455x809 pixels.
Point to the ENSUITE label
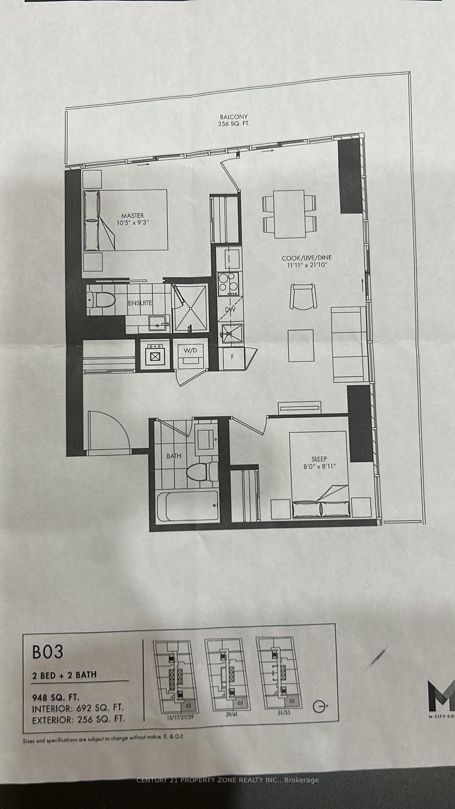coord(140,303)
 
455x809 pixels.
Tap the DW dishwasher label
coord(231,310)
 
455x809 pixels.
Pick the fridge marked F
coord(233,357)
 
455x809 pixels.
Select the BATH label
coord(174,456)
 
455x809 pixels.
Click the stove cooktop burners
coord(227,283)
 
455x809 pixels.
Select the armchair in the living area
coord(303,296)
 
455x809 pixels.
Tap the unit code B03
coord(48,651)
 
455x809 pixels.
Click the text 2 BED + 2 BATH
coord(64,675)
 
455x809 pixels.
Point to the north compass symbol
coord(318,706)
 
